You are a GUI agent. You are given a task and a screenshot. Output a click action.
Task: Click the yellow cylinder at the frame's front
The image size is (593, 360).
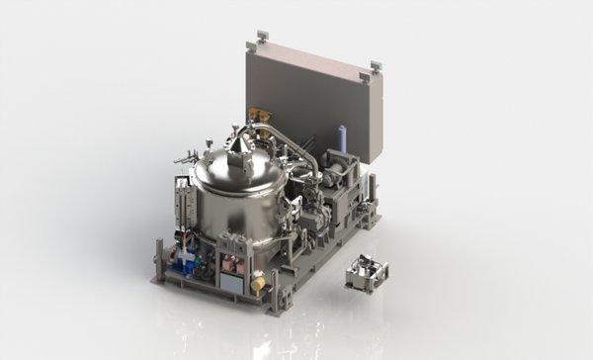(258, 283)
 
